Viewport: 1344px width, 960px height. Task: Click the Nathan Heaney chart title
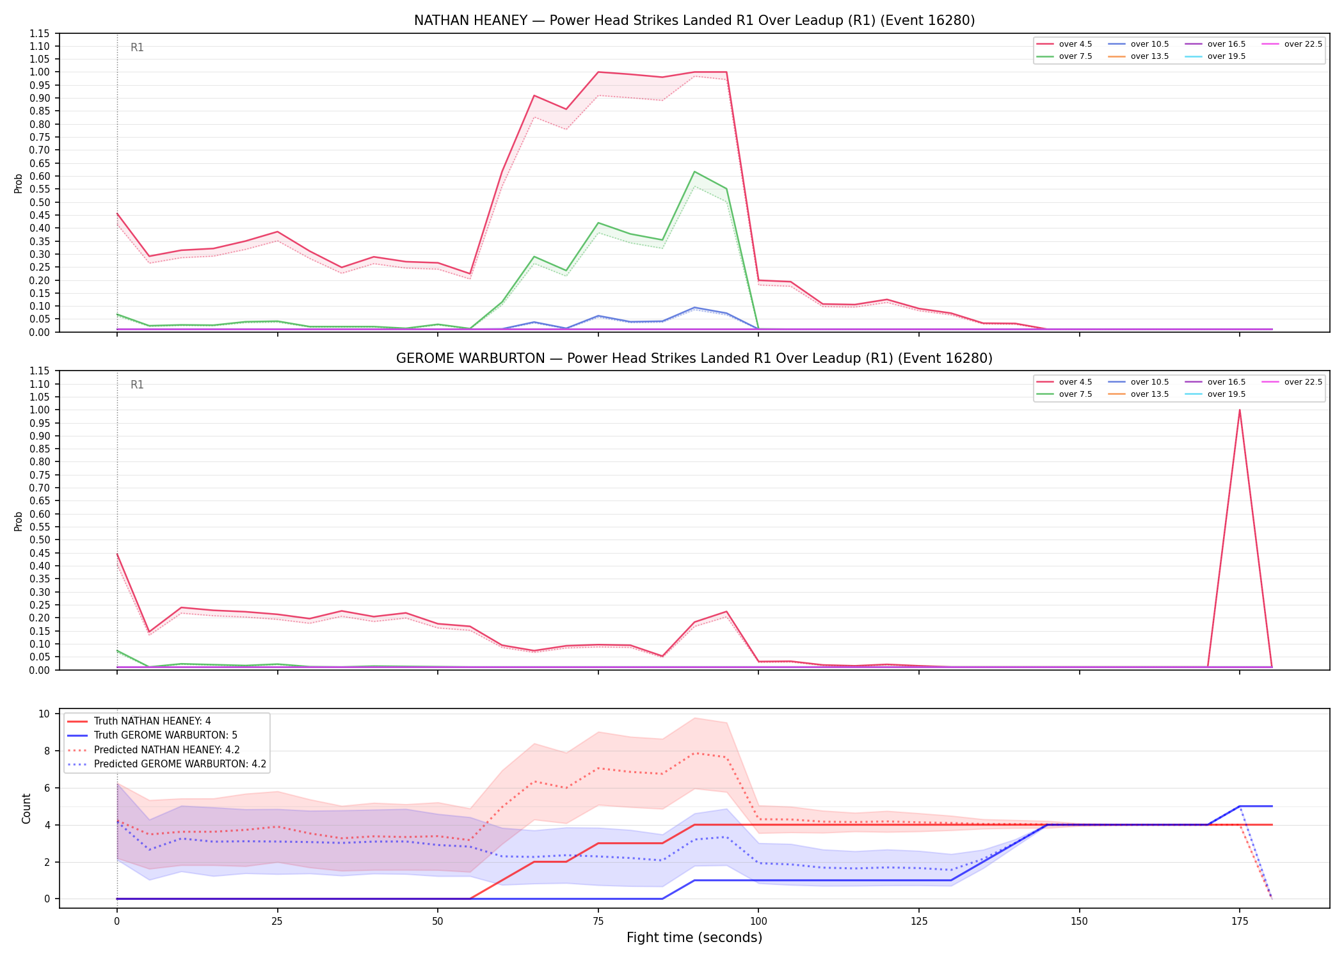[x=694, y=20]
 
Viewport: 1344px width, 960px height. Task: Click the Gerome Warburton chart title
[x=694, y=358]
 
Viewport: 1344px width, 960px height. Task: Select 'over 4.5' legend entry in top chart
[x=1064, y=44]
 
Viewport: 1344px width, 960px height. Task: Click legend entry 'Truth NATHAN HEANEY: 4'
[x=139, y=721]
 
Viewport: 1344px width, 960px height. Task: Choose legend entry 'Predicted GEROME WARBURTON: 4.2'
[x=166, y=764]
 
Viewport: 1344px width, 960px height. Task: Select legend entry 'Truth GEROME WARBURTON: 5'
[x=152, y=735]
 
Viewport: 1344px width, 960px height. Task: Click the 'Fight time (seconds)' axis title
[x=694, y=938]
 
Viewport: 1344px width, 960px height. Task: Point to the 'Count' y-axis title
[x=26, y=808]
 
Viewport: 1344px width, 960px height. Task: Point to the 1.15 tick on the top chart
[x=39, y=33]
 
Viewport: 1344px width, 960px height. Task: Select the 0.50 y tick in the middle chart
[x=39, y=540]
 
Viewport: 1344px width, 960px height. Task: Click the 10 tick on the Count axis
[x=44, y=714]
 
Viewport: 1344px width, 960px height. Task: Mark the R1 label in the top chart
[x=137, y=47]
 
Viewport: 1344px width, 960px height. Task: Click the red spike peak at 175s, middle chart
[x=1240, y=410]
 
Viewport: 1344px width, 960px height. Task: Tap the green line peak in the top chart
[x=694, y=172]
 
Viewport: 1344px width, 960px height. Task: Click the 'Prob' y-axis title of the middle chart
[x=19, y=521]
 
